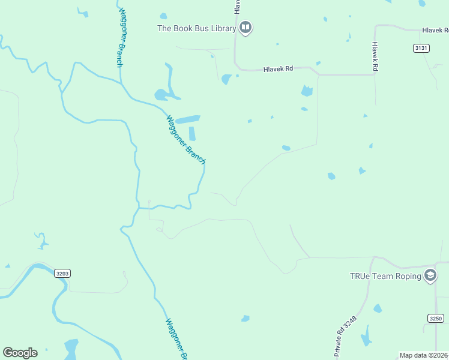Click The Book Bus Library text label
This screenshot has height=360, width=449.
(x=196, y=28)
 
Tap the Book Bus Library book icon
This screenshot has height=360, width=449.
(x=246, y=28)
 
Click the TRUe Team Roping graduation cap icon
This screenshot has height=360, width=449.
(x=430, y=276)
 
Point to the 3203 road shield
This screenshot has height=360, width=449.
(x=62, y=273)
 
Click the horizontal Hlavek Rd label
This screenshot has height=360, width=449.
(x=278, y=69)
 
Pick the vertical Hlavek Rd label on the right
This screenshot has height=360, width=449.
(x=375, y=56)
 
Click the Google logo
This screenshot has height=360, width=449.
(x=20, y=353)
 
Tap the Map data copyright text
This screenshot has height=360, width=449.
(x=423, y=355)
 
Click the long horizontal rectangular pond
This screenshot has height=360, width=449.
(x=188, y=119)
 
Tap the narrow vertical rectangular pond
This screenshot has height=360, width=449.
(x=193, y=133)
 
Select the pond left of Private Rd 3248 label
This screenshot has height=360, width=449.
(x=245, y=318)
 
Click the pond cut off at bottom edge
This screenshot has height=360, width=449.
(x=71, y=349)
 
